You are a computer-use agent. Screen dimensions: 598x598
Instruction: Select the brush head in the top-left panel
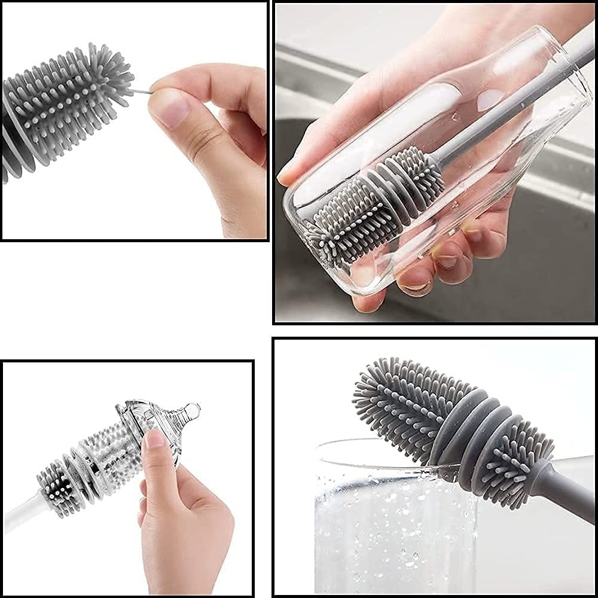click(x=66, y=102)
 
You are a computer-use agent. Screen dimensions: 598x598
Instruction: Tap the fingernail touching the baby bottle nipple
click(x=154, y=440)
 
